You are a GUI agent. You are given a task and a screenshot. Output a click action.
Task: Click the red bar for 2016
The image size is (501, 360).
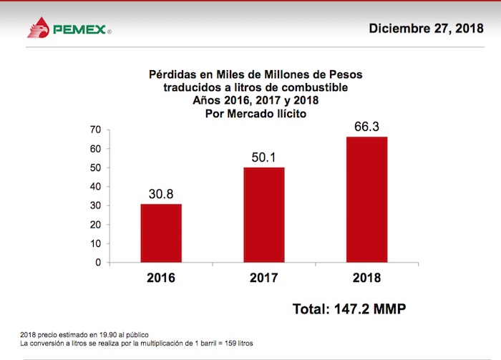[160, 233]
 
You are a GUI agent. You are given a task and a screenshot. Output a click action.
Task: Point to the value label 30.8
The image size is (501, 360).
[160, 194]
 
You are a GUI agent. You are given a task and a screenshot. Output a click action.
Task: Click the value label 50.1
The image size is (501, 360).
[264, 157]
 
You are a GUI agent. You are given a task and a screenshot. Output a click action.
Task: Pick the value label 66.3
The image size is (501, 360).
[367, 126]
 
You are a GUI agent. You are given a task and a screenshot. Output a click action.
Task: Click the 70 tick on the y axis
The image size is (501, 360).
[95, 130]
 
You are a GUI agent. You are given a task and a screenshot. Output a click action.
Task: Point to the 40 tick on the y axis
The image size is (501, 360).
[95, 187]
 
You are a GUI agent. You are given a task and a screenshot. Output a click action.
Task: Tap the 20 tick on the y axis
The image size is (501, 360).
[95, 225]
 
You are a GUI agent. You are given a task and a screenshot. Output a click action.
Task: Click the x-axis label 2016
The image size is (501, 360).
[160, 278]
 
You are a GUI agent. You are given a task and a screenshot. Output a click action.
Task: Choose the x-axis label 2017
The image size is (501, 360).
[264, 278]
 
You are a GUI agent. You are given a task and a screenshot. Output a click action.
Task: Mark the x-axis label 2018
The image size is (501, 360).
[367, 278]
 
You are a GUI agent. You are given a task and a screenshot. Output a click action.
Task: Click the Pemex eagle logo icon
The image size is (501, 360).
[40, 29]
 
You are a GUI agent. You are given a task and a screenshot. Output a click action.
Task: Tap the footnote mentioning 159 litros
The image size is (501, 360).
[137, 344]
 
